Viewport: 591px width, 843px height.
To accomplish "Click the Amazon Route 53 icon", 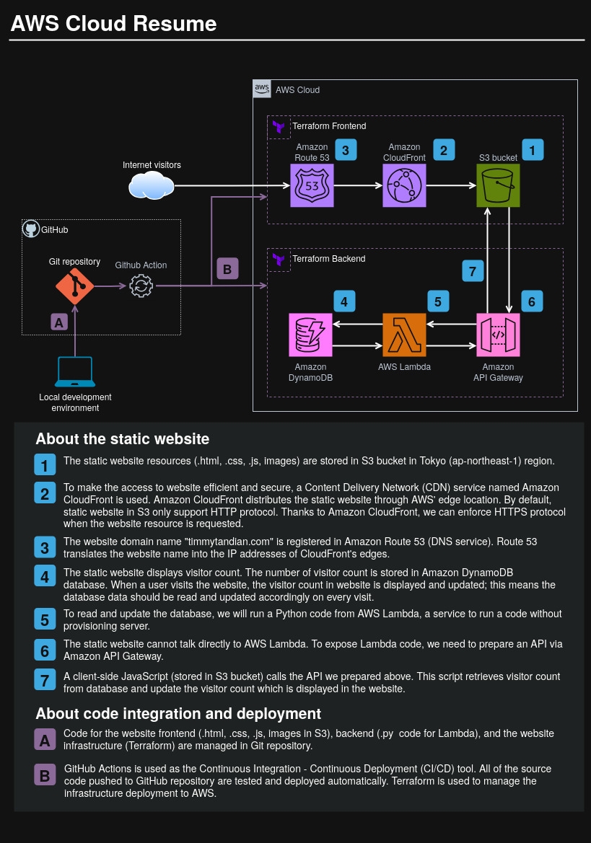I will click(x=312, y=185).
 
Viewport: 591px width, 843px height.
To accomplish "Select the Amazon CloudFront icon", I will click(x=404, y=185).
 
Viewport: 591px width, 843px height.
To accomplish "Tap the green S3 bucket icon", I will click(x=498, y=185).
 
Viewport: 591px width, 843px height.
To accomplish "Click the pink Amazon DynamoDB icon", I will click(x=310, y=335).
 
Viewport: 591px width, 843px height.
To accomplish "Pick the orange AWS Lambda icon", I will click(x=404, y=335).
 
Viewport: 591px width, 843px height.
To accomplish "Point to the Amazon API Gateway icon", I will click(x=498, y=335).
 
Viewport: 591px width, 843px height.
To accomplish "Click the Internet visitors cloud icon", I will click(x=152, y=186).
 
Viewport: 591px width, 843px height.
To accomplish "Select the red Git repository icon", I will click(x=75, y=286).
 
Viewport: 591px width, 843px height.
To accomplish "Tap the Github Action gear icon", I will click(x=141, y=286).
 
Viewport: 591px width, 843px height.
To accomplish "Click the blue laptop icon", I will click(x=75, y=372).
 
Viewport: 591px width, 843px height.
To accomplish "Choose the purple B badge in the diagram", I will click(x=227, y=270).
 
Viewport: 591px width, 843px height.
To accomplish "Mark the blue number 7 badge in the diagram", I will click(x=473, y=271).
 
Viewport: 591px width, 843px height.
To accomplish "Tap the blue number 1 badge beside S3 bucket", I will click(x=533, y=150).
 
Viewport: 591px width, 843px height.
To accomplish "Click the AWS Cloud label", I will click(x=297, y=90).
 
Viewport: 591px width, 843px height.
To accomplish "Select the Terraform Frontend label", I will click(x=328, y=126).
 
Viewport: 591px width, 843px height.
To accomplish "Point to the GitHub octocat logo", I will click(x=30, y=229).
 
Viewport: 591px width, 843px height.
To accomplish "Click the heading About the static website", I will click(x=122, y=438).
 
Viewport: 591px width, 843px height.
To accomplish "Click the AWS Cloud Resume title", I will click(x=113, y=24).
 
